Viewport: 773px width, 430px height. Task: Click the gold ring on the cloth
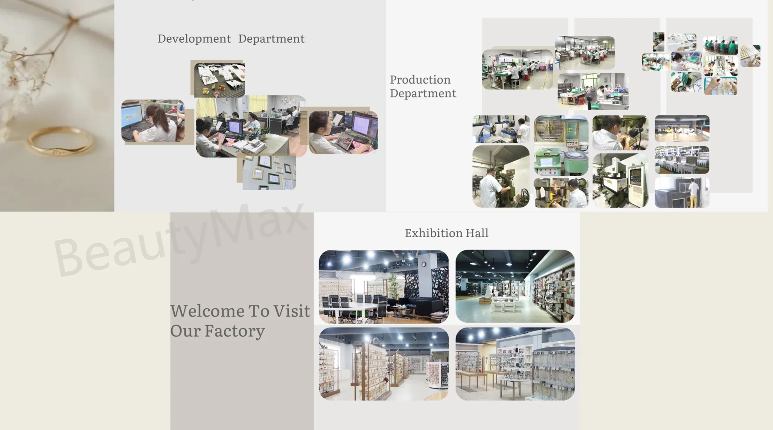click(60, 141)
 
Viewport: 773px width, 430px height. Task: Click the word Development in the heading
click(194, 39)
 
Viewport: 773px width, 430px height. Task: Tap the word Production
click(420, 80)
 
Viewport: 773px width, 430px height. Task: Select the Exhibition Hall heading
click(446, 233)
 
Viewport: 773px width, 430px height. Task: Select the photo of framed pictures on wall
click(269, 172)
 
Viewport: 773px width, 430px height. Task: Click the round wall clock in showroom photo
click(424, 264)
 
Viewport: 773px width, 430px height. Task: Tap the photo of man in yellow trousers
click(682, 193)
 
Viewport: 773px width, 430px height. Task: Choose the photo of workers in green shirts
click(720, 46)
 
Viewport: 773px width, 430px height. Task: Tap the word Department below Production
click(423, 93)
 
